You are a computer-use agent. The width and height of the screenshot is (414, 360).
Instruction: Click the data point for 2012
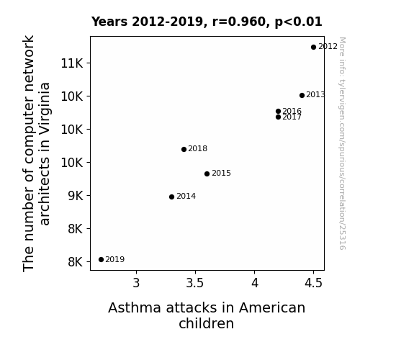313,48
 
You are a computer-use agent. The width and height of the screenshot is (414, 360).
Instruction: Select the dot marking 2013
302,95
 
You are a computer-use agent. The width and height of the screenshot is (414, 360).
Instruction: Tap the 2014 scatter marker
171,197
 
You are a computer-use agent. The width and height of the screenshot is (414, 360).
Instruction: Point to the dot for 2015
207,174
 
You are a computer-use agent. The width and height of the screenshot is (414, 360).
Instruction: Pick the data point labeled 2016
279,111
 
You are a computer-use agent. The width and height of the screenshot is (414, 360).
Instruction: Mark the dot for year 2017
279,117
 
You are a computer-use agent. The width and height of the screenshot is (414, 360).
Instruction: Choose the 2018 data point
184,150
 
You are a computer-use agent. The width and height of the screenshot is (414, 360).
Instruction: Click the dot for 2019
101,260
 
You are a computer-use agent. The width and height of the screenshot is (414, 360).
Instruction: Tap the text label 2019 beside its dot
115,260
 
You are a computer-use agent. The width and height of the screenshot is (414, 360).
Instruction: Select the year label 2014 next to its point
186,197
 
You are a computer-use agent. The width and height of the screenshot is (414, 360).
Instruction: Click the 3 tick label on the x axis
136,283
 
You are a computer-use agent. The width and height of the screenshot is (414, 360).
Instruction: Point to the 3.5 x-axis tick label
195,283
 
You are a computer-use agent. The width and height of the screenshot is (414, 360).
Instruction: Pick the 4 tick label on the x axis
255,283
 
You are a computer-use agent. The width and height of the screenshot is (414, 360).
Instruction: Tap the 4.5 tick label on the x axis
313,283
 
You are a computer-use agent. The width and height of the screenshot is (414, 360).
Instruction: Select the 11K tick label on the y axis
72,63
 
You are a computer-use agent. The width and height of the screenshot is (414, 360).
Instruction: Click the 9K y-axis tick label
76,196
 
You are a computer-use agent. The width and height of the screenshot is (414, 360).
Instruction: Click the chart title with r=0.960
207,22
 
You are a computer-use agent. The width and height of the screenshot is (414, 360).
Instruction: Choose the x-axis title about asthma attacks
207,315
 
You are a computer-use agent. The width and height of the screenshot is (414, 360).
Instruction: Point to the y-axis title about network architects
37,153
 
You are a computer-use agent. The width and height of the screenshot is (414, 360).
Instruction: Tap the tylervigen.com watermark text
342,143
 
